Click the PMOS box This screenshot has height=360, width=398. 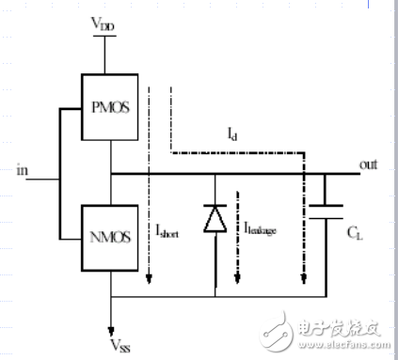111,106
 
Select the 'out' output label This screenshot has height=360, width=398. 368,164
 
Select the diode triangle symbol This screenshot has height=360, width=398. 215,219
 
